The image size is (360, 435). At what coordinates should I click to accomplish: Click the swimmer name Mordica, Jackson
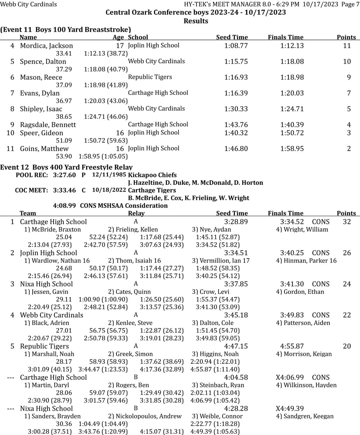(46, 46)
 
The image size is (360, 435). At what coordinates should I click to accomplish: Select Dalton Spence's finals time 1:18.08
(292, 62)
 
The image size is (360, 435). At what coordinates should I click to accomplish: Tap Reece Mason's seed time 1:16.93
(236, 77)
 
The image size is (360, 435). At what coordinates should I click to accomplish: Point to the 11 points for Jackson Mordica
(347, 46)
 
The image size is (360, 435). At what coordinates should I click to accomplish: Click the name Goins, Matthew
(44, 149)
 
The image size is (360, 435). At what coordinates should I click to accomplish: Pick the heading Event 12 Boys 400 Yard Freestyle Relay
(66, 167)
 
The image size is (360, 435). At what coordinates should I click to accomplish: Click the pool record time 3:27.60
(64, 175)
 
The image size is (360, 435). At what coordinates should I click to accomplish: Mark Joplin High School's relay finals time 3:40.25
(292, 253)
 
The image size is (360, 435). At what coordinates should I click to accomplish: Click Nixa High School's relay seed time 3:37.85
(236, 284)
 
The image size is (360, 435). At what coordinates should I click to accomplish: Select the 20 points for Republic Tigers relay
(347, 346)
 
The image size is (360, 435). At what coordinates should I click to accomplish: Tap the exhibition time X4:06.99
(290, 377)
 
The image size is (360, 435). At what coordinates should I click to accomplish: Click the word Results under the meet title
(196, 21)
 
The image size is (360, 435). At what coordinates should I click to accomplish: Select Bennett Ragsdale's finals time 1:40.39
(292, 125)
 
